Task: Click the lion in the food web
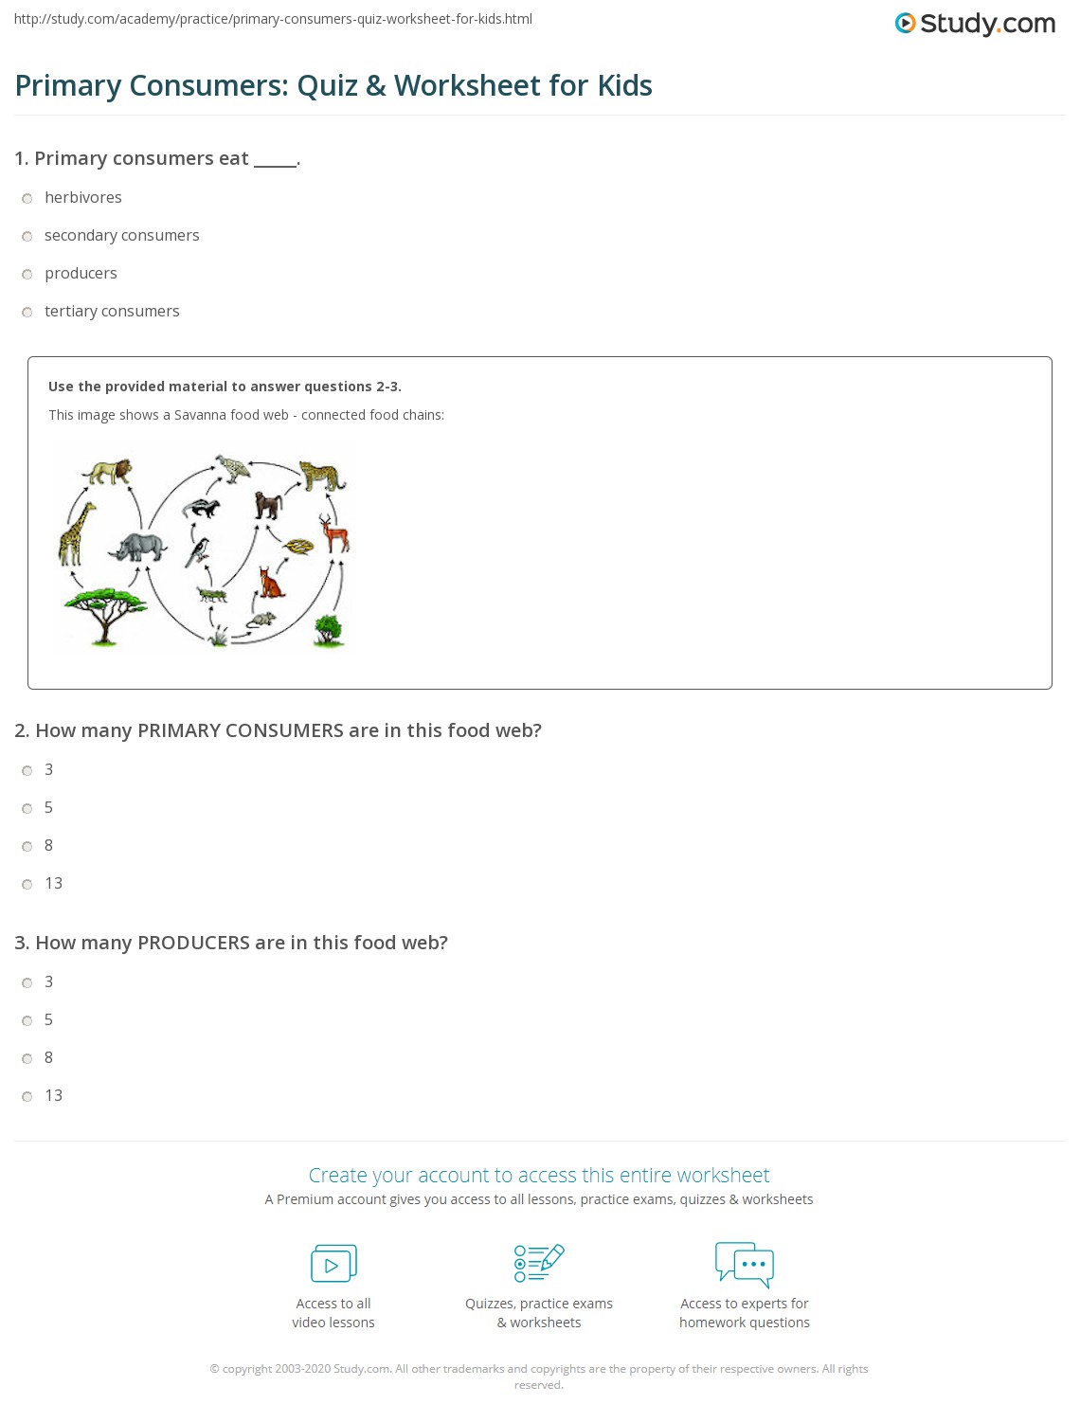(x=108, y=471)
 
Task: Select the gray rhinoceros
(x=138, y=547)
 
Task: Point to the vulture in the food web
(x=230, y=468)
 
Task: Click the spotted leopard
(x=321, y=476)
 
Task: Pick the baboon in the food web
(x=269, y=504)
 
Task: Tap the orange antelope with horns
(x=334, y=534)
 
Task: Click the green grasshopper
(x=212, y=594)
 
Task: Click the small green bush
(x=328, y=629)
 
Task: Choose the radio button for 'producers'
(x=27, y=275)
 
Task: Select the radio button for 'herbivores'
(x=27, y=199)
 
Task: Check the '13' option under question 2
(x=27, y=885)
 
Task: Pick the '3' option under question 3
(x=27, y=983)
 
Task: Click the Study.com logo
(x=975, y=24)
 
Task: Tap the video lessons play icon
(x=333, y=1264)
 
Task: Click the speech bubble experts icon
(x=745, y=1264)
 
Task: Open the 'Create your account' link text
(x=538, y=1176)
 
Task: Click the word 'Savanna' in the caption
(x=200, y=415)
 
